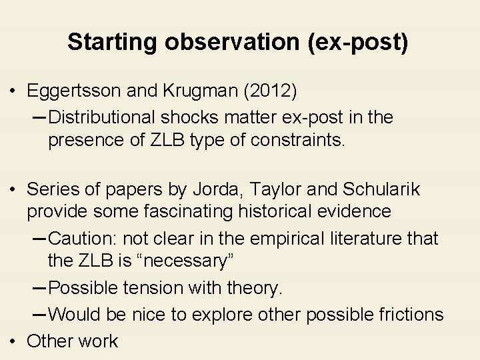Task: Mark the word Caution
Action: (x=83, y=238)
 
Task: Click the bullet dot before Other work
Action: (x=15, y=341)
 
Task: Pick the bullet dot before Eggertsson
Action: (x=15, y=90)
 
